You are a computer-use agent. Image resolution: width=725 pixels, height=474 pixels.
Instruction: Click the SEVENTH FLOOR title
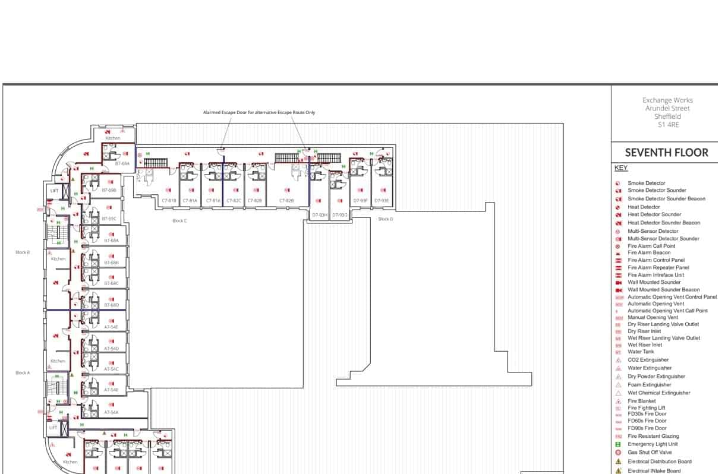(666, 153)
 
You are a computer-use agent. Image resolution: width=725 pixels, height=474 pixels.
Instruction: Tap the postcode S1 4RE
(667, 125)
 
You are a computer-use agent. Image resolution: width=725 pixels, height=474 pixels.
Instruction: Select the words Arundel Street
(667, 109)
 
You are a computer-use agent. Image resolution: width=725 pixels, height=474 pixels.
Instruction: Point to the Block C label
(179, 221)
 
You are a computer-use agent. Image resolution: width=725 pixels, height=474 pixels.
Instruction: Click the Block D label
(386, 219)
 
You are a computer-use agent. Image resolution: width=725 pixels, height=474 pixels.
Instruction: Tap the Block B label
(23, 252)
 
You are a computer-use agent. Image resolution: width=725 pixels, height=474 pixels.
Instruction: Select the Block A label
(23, 373)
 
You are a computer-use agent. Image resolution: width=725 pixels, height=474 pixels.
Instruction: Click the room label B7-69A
(122, 163)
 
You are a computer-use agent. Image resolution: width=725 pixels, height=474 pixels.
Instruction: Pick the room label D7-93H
(320, 215)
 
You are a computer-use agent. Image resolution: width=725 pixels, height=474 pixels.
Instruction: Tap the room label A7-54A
(111, 412)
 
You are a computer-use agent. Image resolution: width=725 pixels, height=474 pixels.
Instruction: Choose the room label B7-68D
(111, 305)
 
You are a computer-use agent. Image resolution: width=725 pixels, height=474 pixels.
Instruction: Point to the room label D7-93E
(381, 201)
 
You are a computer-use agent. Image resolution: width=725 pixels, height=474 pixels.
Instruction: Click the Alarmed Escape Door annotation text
(259, 112)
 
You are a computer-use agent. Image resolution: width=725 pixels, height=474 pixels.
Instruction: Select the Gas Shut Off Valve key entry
(650, 453)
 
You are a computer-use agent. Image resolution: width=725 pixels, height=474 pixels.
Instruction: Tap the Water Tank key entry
(641, 352)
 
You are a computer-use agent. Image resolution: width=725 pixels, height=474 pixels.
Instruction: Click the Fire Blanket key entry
(642, 401)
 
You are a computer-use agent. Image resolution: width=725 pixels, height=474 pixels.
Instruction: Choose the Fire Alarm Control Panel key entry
(656, 260)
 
